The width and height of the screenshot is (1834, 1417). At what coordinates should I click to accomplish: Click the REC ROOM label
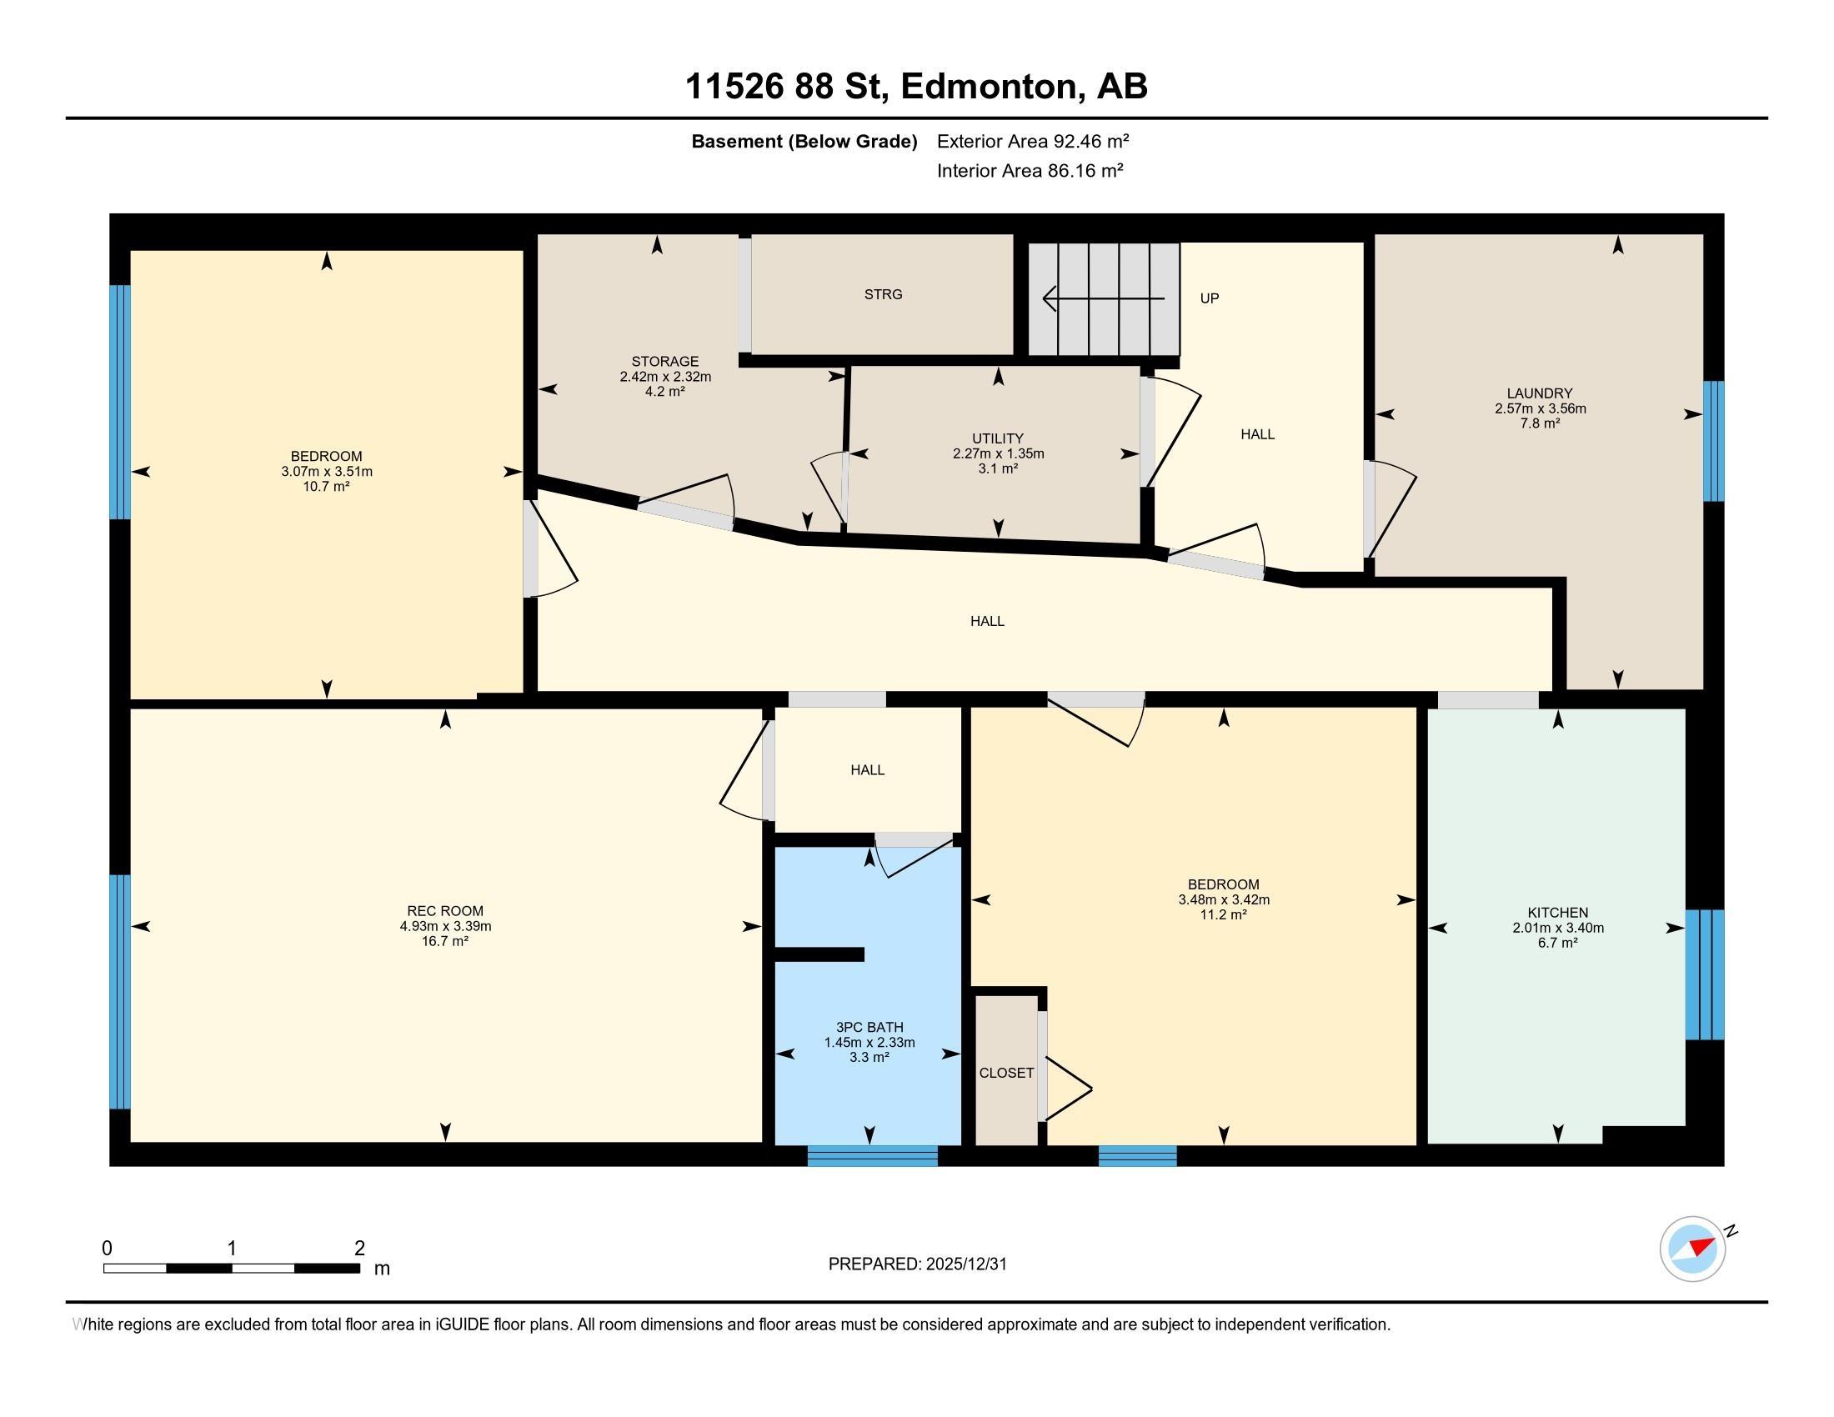point(445,911)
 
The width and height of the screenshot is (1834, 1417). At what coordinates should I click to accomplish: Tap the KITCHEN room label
point(1558,913)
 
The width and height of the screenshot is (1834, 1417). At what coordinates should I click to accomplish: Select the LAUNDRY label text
point(1539,393)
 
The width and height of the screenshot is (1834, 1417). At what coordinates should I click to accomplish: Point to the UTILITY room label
point(998,438)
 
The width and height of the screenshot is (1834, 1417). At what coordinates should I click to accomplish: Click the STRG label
point(884,293)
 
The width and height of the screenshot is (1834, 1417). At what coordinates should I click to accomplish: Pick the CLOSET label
point(1006,1073)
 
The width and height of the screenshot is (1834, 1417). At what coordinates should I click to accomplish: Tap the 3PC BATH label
point(869,1028)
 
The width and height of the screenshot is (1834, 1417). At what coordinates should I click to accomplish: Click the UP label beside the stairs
point(1210,298)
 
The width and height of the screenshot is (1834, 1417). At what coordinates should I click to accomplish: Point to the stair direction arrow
point(1104,298)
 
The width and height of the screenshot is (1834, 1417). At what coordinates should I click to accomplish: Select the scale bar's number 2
point(359,1249)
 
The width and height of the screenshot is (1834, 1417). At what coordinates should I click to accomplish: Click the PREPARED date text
point(917,1264)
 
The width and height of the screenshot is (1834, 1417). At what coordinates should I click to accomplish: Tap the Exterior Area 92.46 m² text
point(1033,141)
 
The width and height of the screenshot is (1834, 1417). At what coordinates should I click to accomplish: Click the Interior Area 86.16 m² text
point(1030,171)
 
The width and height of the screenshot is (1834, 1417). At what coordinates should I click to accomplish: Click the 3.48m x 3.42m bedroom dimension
point(1224,900)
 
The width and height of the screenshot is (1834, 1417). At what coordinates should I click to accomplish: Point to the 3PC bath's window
point(873,1156)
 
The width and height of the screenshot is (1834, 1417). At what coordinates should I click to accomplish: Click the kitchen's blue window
point(1705,974)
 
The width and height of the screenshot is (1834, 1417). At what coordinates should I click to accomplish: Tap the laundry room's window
point(1713,442)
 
